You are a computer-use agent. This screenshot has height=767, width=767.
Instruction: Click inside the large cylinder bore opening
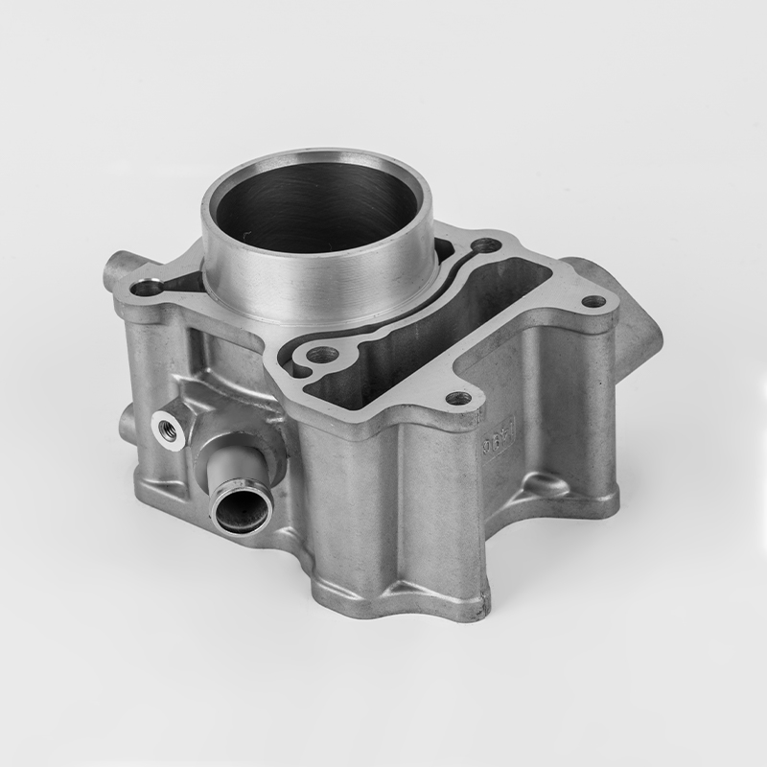click(316, 206)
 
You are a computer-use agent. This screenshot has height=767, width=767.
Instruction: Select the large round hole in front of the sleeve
click(318, 357)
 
